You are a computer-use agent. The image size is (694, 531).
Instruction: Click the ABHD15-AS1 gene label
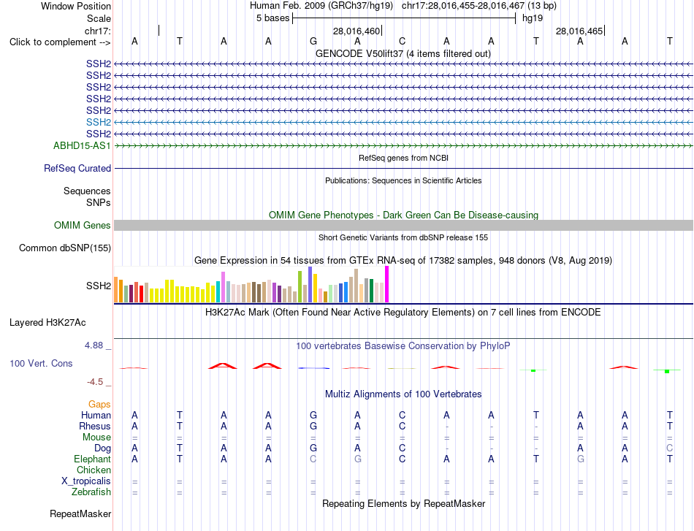(82, 145)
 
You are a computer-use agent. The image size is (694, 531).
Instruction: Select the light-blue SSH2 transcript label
(99, 122)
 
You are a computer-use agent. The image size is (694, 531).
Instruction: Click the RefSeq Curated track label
(77, 168)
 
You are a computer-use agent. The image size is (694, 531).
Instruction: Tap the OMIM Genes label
(83, 225)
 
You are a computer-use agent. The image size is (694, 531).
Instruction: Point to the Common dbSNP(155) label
(65, 248)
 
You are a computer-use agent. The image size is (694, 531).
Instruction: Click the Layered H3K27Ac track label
(47, 323)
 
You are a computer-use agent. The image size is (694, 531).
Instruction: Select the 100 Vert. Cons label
(41, 363)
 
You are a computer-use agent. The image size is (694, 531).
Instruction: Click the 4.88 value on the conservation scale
(94, 345)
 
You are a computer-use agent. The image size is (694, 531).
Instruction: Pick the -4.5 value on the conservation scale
(95, 381)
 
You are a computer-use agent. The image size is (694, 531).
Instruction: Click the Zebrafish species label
(91, 492)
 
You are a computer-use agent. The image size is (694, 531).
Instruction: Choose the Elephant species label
(93, 459)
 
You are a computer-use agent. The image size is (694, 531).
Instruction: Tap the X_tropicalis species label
(86, 481)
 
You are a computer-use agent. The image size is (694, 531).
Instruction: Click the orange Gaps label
(99, 404)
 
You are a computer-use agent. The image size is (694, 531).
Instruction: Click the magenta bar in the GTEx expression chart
(387, 284)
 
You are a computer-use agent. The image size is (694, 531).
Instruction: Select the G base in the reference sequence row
(313, 41)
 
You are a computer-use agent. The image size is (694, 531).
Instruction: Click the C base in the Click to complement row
(402, 41)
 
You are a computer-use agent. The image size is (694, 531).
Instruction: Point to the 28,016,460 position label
(356, 31)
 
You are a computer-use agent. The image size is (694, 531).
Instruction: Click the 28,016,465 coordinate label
(579, 31)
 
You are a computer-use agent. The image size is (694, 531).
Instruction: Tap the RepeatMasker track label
(80, 513)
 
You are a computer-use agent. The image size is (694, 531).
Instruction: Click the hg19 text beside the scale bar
(533, 18)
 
